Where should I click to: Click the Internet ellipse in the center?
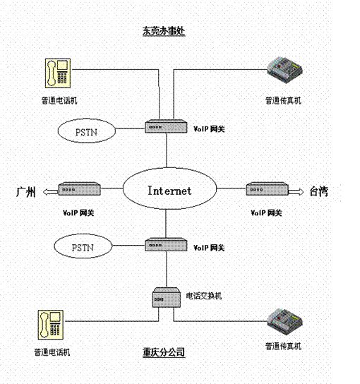coord(169,191)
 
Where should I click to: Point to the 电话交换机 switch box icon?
coord(164,297)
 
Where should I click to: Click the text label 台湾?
coord(319,191)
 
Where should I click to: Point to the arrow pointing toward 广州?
coord(49,191)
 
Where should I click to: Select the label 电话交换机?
coord(203,294)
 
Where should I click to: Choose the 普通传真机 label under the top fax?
coord(283,101)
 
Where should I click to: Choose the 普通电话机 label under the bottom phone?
coord(52,351)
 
